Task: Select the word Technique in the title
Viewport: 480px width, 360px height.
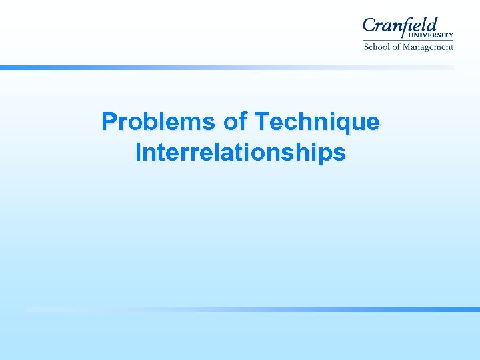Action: click(317, 122)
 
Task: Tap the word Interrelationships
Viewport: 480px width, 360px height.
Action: click(240, 153)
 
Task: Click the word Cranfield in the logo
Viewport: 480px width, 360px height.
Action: click(400, 26)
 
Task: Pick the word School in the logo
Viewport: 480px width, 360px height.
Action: click(377, 47)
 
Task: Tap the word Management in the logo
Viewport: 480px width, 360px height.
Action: click(431, 47)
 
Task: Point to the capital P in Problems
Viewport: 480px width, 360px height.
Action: click(109, 122)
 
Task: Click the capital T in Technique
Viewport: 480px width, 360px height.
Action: click(261, 122)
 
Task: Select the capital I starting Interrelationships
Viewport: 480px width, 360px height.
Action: click(138, 153)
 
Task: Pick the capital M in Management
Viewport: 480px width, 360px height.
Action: click(411, 47)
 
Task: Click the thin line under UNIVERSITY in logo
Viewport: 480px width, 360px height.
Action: click(408, 40)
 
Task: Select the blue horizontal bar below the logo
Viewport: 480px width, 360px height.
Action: click(227, 67)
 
